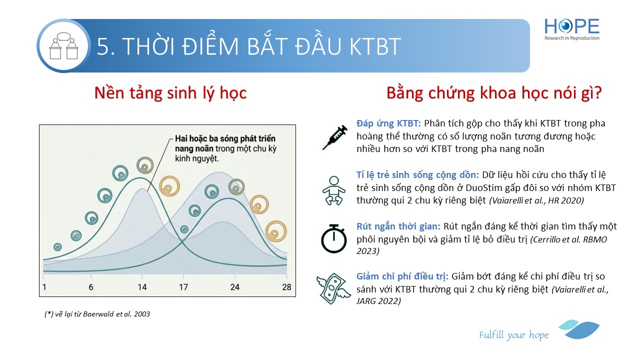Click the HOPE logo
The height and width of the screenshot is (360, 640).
click(571, 29)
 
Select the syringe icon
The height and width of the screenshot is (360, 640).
click(335, 137)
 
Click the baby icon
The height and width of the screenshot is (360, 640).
click(333, 190)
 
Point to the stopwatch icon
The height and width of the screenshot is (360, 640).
click(333, 239)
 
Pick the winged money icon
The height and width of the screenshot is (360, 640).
click(333, 288)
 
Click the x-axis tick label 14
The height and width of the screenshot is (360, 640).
click(142, 287)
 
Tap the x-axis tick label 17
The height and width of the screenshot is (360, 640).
click(183, 287)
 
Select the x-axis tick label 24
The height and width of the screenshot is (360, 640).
click(235, 287)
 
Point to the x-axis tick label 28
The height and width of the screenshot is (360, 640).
click(286, 287)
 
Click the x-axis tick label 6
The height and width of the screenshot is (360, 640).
click(91, 287)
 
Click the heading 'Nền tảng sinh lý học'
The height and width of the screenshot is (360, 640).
click(170, 93)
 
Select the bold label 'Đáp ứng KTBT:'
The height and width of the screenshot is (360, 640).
click(388, 123)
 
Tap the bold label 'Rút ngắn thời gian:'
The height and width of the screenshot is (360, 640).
click(398, 226)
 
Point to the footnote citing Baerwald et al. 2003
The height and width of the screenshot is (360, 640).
click(97, 314)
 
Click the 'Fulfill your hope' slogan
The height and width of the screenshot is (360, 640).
click(513, 334)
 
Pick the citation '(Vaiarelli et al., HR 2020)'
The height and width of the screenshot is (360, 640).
click(536, 200)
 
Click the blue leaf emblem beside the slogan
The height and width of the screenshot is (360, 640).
click(579, 329)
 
